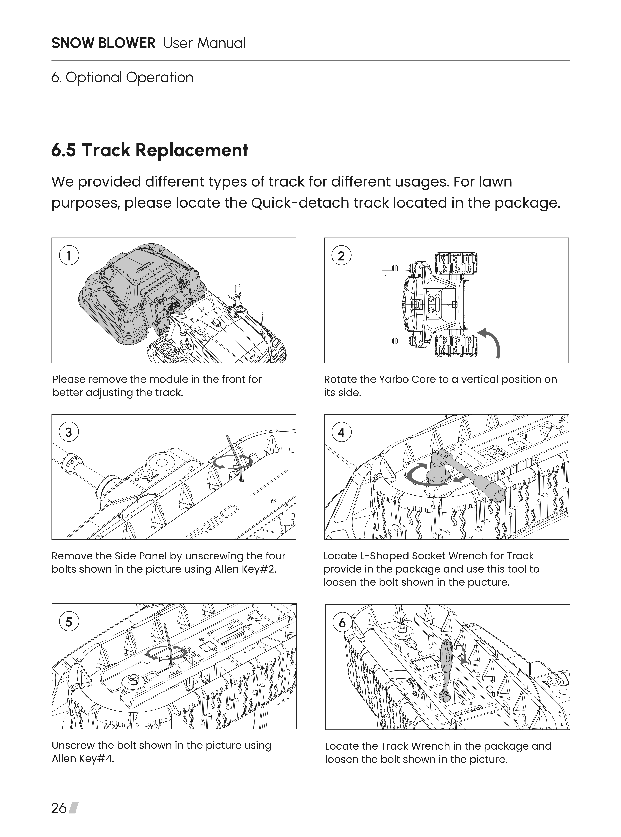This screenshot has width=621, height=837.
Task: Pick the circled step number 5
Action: [x=69, y=622]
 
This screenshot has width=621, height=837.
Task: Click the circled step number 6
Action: [x=342, y=622]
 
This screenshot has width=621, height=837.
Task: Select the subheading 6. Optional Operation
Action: [x=122, y=77]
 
